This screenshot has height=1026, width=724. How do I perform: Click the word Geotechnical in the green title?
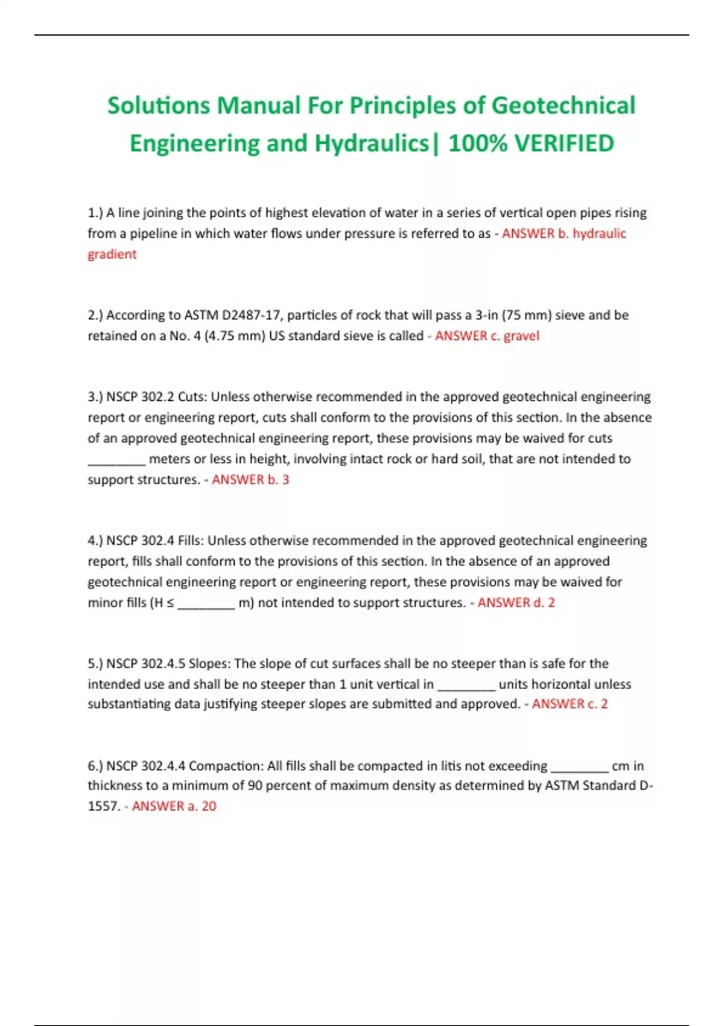564,106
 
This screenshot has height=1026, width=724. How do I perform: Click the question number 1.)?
95,213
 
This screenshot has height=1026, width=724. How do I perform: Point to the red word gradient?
112,254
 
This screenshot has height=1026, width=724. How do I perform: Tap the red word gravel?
521,336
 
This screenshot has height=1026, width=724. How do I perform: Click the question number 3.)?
95,397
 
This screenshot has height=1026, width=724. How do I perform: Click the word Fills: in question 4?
190,541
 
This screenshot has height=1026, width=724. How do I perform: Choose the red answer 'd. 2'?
543,602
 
